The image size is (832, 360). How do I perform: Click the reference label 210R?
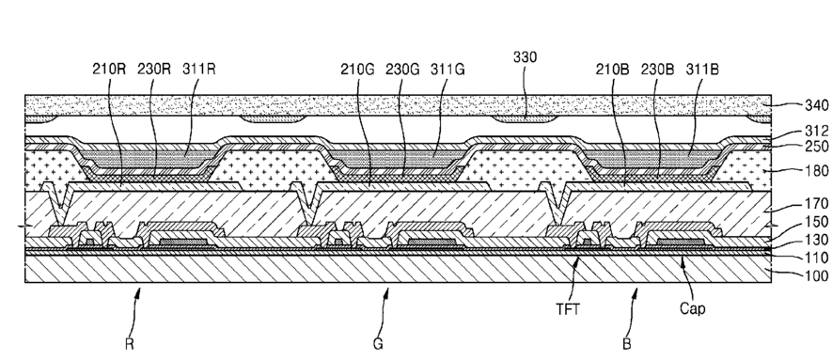pyautogui.click(x=109, y=70)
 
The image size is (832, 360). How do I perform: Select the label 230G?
pyautogui.click(x=402, y=70)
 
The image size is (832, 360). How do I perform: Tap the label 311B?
pyautogui.click(x=702, y=70)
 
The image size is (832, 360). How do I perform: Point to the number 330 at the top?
pyautogui.click(x=525, y=57)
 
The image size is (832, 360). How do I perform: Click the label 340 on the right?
pyautogui.click(x=817, y=105)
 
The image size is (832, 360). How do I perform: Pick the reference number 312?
pyautogui.click(x=817, y=131)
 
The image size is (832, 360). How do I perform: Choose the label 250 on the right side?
pyautogui.click(x=817, y=147)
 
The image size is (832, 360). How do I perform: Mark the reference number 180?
pyautogui.click(x=817, y=171)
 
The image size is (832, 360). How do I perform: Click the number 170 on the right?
pyautogui.click(x=817, y=204)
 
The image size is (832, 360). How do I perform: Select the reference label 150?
pyautogui.click(x=817, y=222)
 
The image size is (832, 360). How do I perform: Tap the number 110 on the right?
pyautogui.click(x=817, y=258)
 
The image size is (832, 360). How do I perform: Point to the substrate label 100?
pyautogui.click(x=817, y=275)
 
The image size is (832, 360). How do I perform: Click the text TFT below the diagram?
pyautogui.click(x=567, y=309)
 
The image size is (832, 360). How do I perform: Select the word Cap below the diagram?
pyautogui.click(x=693, y=309)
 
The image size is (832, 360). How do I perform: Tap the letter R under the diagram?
pyautogui.click(x=130, y=344)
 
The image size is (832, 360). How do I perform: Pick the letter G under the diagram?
pyautogui.click(x=378, y=344)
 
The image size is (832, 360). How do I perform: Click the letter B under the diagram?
pyautogui.click(x=627, y=344)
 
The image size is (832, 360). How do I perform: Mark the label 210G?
pyautogui.click(x=357, y=70)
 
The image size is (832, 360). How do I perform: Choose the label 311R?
pyautogui.click(x=199, y=70)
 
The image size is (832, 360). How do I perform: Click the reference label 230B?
pyautogui.click(x=657, y=70)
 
